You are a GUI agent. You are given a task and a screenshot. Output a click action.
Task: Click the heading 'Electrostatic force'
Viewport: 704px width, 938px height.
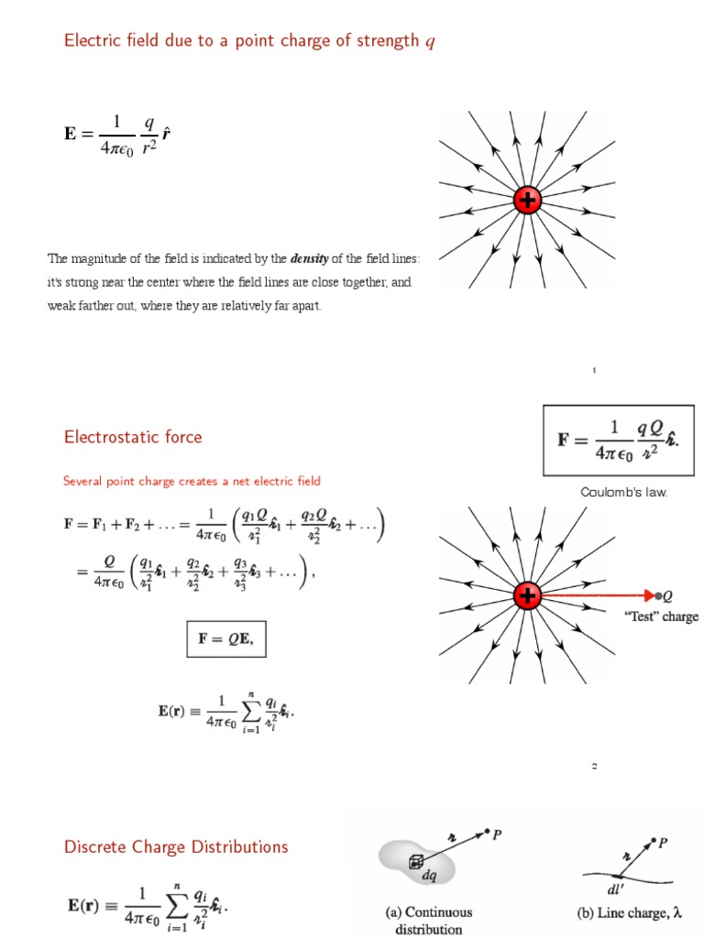tap(133, 437)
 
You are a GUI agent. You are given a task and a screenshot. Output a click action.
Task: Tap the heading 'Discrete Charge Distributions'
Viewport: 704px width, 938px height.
tap(176, 847)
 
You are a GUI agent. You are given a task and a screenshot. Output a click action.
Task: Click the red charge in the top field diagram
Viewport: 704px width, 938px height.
tap(527, 201)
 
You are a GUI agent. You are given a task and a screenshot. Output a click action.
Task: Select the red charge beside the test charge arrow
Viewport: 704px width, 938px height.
tap(527, 596)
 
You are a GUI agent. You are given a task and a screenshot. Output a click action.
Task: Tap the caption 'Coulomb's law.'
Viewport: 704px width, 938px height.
tap(624, 493)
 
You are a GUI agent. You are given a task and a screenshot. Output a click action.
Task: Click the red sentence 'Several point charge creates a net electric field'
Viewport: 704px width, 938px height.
tap(192, 481)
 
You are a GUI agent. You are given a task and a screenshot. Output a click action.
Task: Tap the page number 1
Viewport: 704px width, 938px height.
tap(594, 371)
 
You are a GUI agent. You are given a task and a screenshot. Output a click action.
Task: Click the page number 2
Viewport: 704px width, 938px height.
tap(594, 766)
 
